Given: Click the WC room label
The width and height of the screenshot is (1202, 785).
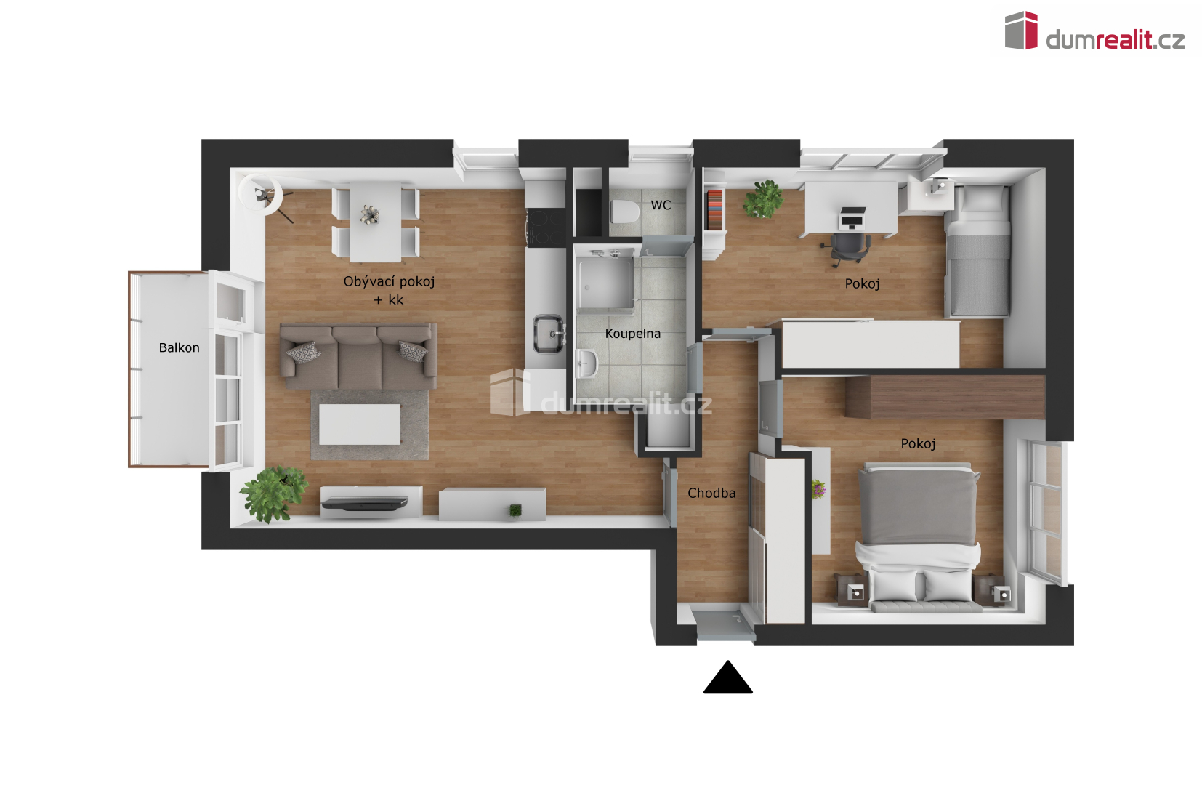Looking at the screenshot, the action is coord(661,205).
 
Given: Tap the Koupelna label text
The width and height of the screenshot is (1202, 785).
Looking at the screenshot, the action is coord(633,334).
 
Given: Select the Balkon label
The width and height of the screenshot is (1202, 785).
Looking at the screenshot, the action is coord(180,347).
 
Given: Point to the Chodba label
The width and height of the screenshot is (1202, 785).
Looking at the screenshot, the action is coord(711,493).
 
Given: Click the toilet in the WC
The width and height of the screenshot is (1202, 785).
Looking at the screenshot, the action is coord(624,212).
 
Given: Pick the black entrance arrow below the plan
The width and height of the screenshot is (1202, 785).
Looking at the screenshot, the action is coord(727,677).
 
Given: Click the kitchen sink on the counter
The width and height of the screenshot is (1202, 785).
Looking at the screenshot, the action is coord(549,334).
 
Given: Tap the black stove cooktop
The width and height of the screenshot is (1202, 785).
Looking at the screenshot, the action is coord(545,228).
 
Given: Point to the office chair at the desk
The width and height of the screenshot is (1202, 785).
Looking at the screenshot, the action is coord(846,249).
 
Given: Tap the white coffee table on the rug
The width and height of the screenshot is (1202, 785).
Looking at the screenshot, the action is coord(360,424).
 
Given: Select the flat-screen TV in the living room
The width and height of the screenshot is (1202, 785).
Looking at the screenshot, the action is coord(365,503).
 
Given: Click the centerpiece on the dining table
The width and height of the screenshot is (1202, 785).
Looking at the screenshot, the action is coord(370,214).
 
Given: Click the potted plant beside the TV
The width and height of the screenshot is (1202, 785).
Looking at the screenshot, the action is coord(274,494).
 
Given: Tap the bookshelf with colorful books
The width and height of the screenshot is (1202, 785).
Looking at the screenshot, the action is coord(715,210).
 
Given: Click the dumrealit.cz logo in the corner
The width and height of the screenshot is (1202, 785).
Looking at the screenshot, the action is coord(1094,32).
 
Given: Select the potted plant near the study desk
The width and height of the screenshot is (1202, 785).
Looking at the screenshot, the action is coord(763,199).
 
